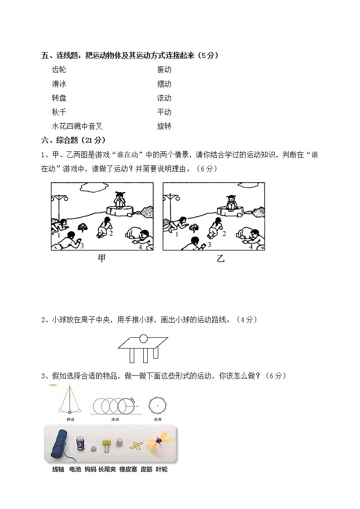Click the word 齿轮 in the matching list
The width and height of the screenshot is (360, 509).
point(59,70)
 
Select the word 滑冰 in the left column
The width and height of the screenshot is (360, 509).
point(59,84)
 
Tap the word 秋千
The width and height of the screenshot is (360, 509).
point(59,112)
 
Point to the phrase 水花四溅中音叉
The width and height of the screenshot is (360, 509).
point(77,126)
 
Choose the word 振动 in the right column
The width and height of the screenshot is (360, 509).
point(164,70)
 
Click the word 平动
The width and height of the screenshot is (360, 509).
point(164,112)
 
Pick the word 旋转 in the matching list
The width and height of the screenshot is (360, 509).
point(164,126)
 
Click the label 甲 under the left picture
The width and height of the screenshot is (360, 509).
point(102,259)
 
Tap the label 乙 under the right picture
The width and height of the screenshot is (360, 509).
point(220,259)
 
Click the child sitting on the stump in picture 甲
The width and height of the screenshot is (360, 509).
point(120,199)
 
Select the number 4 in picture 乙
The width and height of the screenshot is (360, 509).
point(251,247)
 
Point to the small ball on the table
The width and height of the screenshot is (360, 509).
point(143,338)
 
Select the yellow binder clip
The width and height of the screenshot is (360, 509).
point(107,445)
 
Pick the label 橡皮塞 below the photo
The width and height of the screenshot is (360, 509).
point(128,470)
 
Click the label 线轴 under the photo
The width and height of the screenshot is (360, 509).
point(58,470)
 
